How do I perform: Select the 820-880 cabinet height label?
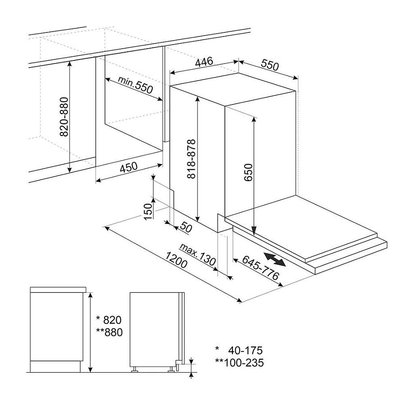pyautogui.click(x=64, y=117)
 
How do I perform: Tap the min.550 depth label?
pyautogui.click(x=135, y=85)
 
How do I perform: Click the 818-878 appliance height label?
pyautogui.click(x=191, y=159)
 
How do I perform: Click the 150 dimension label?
pyautogui.click(x=148, y=212)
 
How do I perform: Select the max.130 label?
pyautogui.click(x=198, y=255)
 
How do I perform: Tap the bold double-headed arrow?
pyautogui.click(x=274, y=259)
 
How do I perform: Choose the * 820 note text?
pyautogui.click(x=109, y=320)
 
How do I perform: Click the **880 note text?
pyautogui.click(x=109, y=332)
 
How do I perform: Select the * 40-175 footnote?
pyautogui.click(x=239, y=350)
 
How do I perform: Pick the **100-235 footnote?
pyautogui.click(x=239, y=363)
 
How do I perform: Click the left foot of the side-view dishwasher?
pyautogui.click(x=135, y=369)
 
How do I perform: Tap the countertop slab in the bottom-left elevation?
pyautogui.click(x=58, y=290)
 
